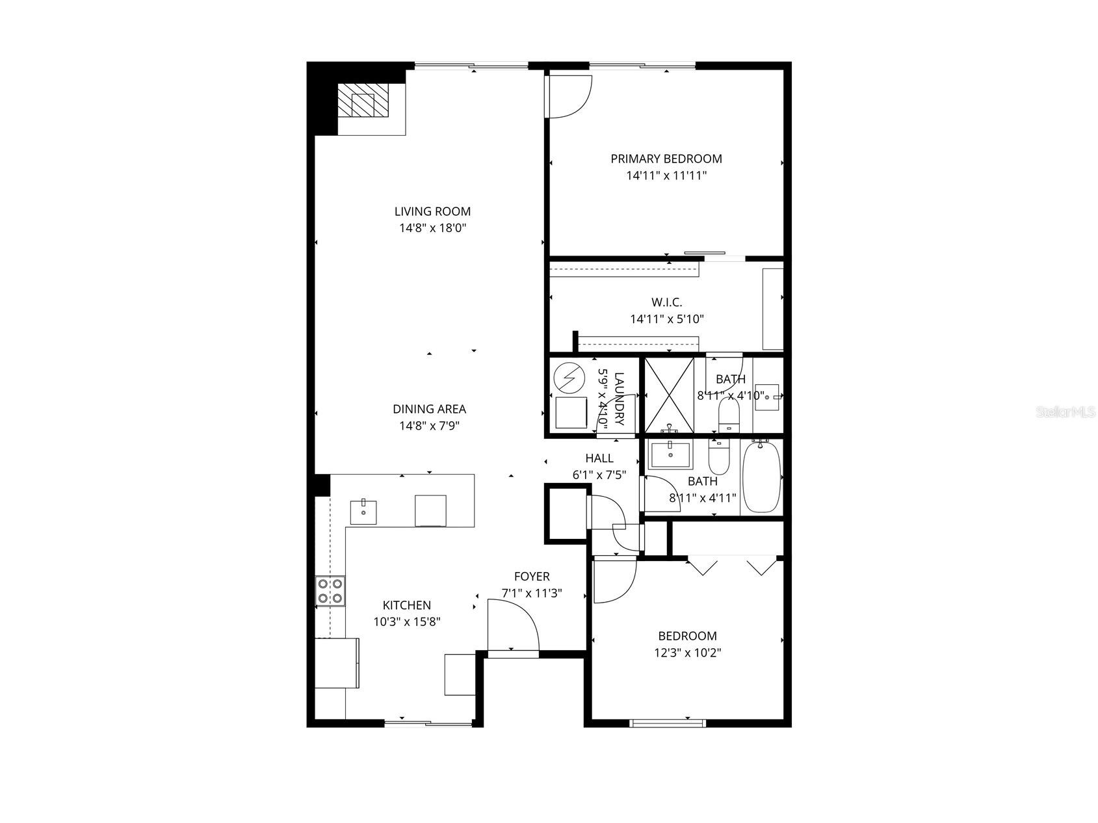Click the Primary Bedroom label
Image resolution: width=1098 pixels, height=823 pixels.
point(666,159)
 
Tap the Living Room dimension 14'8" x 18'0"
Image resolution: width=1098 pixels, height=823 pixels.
point(433,228)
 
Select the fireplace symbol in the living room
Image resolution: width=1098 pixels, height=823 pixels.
point(363,103)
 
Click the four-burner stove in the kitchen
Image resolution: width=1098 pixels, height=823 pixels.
point(330,592)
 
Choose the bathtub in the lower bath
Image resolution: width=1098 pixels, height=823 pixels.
point(762,477)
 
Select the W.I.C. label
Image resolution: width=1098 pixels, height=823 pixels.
point(667,302)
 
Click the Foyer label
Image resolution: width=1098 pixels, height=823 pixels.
point(532,577)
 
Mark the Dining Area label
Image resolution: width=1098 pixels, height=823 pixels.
point(429,409)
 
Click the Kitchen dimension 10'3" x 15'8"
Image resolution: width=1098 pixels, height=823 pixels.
point(407,621)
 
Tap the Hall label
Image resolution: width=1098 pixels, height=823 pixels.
point(599,458)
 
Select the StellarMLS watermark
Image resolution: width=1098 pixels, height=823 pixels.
point(1065,412)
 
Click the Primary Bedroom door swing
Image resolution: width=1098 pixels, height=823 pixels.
point(568,97)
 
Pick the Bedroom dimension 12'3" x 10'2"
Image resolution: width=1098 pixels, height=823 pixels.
point(687,653)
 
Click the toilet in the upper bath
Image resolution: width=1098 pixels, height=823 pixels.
point(728,414)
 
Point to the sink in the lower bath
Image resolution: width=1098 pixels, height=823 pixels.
point(671,455)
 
